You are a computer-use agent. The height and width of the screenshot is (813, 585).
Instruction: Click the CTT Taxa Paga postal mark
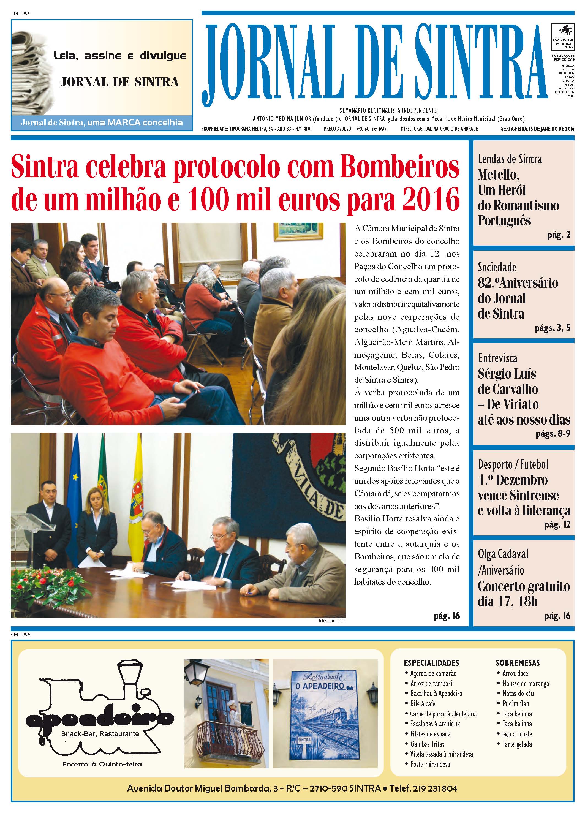pyautogui.click(x=562, y=37)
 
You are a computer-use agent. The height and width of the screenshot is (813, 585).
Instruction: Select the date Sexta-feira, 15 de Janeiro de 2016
pyautogui.click(x=537, y=129)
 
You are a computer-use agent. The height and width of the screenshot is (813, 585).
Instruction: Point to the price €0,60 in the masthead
pyautogui.click(x=366, y=129)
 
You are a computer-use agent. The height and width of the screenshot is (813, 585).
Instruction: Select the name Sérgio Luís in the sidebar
pyautogui.click(x=507, y=374)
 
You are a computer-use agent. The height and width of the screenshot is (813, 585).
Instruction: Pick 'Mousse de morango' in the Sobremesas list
pyautogui.click(x=526, y=683)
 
